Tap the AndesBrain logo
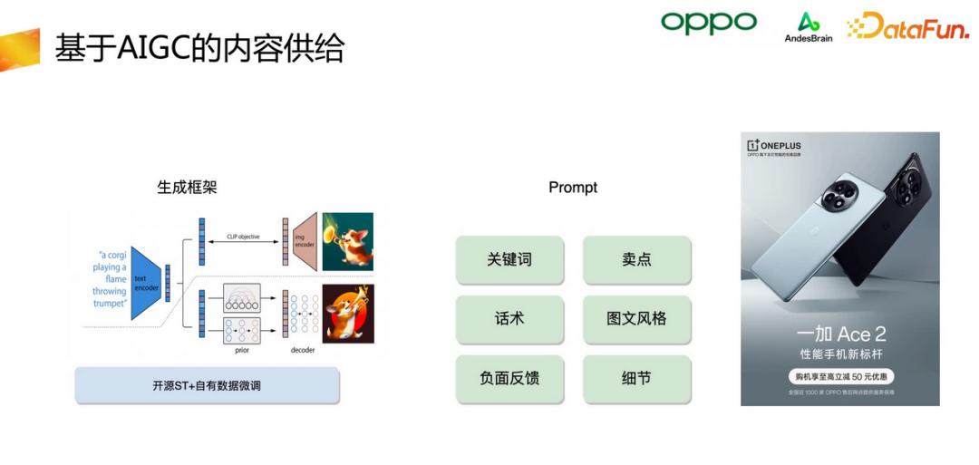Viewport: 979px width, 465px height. pyautogui.click(x=808, y=27)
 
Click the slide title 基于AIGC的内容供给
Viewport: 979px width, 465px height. pyautogui.click(x=199, y=48)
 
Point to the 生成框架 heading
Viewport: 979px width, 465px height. pyautogui.click(x=187, y=188)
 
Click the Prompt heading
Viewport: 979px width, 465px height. pyautogui.click(x=573, y=188)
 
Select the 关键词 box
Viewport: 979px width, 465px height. pyautogui.click(x=509, y=260)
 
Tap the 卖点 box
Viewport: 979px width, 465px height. pyautogui.click(x=636, y=260)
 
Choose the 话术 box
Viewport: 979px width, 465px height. pyautogui.click(x=509, y=319)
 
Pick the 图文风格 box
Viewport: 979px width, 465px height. pyautogui.click(x=636, y=319)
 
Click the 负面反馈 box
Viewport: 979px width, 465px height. pyautogui.click(x=509, y=378)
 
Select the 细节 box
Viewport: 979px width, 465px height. pyautogui.click(x=636, y=378)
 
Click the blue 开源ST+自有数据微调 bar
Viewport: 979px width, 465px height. pyautogui.click(x=207, y=386)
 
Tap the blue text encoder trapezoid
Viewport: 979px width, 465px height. pyautogui.click(x=145, y=280)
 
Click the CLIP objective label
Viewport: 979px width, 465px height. pyautogui.click(x=243, y=237)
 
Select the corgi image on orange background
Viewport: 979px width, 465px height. pyautogui.click(x=348, y=314)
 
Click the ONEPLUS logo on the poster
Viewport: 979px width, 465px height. pyautogui.click(x=774, y=145)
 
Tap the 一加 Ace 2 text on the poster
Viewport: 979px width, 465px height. pyautogui.click(x=840, y=335)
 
